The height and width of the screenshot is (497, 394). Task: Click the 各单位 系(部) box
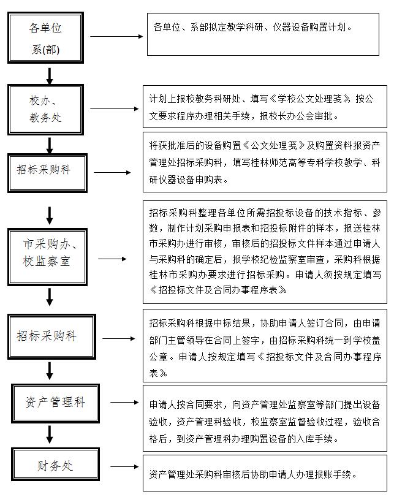pos(46,38)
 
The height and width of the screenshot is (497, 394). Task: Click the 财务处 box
pos(54,466)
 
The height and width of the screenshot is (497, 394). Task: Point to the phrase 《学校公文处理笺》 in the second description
pos(314,98)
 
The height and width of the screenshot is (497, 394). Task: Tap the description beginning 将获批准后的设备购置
pos(265,162)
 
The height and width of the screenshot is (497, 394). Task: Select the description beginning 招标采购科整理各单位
pos(265,252)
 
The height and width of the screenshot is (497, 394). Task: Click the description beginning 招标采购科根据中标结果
pos(265,347)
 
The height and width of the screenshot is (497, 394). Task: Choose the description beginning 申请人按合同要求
pos(265,422)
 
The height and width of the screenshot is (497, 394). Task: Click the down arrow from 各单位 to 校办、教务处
pos(50,76)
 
